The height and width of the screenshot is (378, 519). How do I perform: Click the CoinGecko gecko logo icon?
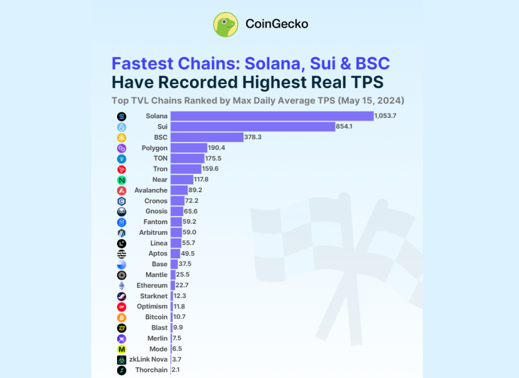click(226, 25)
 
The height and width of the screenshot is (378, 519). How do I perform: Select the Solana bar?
click(272, 116)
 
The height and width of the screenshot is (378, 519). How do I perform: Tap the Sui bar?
click(252, 127)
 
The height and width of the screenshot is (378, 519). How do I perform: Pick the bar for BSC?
click(206, 138)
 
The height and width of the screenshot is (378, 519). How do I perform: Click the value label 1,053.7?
click(385, 116)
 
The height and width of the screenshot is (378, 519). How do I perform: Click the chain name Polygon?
click(154, 148)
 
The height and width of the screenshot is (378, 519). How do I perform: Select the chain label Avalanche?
click(151, 190)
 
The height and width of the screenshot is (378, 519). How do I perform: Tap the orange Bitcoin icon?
click(121, 317)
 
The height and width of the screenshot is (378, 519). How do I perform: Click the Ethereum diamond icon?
click(121, 286)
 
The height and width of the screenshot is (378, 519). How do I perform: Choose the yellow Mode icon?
click(121, 349)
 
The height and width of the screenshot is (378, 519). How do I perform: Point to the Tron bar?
click(186, 169)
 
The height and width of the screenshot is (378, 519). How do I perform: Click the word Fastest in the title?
click(142, 63)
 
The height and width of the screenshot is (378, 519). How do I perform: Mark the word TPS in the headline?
click(361, 82)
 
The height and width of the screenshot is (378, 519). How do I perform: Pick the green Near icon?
click(121, 180)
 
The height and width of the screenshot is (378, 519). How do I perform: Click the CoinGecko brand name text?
click(276, 24)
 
